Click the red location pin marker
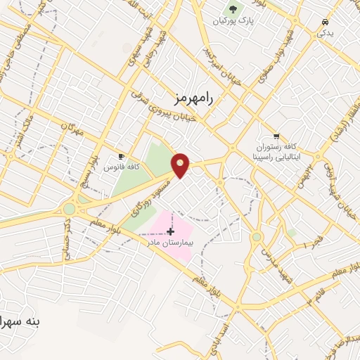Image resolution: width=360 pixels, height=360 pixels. (181, 165)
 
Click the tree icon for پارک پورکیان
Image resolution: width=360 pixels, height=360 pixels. (233, 9)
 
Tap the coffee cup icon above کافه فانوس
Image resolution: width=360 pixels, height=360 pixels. (122, 157)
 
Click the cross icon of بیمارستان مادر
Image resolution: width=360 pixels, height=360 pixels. (171, 231)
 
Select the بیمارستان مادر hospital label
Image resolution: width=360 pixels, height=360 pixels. (168, 242)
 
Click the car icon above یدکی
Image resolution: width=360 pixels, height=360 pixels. (324, 22)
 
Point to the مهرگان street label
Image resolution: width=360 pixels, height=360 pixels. (72, 127)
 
